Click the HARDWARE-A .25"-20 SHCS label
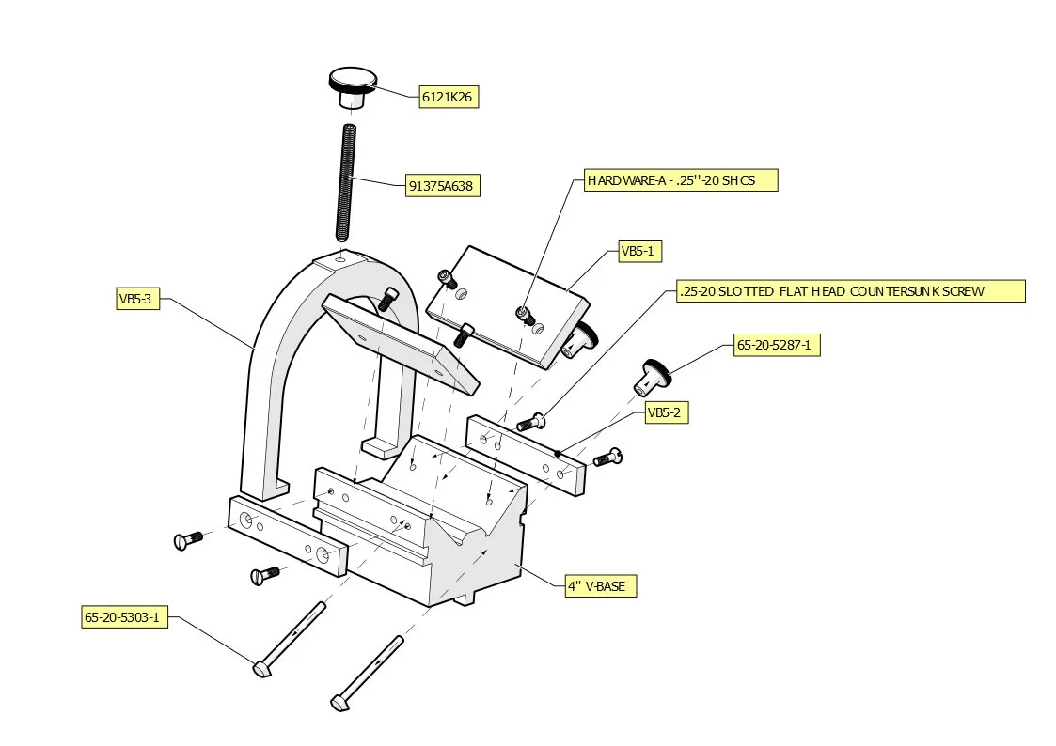pos(681,180)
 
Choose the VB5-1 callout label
pos(641,251)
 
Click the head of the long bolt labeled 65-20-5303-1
pos(262,669)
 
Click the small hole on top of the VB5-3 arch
pos(343,256)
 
